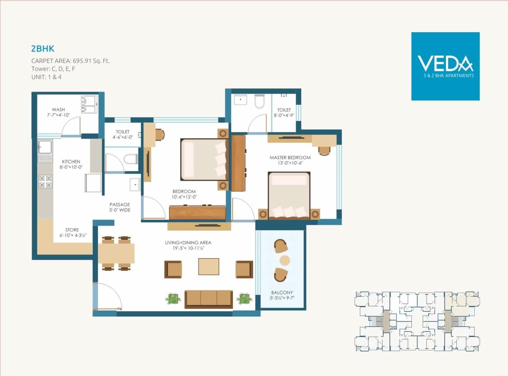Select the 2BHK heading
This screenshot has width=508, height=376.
pyautogui.click(x=42, y=49)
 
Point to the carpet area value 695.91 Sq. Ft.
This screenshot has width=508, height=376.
pyautogui.click(x=92, y=61)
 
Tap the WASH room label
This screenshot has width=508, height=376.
pyautogui.click(x=58, y=110)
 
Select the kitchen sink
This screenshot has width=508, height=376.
pyautogui.click(x=45, y=147)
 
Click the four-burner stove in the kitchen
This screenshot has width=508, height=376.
pyautogui.click(x=45, y=182)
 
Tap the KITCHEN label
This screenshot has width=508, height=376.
pyautogui.click(x=71, y=162)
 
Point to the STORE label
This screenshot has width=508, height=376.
pyautogui.click(x=72, y=230)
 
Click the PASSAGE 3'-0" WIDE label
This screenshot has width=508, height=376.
pyautogui.click(x=120, y=207)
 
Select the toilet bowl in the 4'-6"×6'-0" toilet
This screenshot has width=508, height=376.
pyautogui.click(x=130, y=159)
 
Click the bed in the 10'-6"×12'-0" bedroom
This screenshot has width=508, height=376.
pyautogui.click(x=202, y=159)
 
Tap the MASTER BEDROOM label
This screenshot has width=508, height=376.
pyautogui.click(x=290, y=157)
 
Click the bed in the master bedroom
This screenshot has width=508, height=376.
pyautogui.click(x=289, y=194)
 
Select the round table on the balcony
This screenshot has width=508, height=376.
pyautogui.click(x=285, y=261)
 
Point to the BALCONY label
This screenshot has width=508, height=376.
pyautogui.click(x=283, y=293)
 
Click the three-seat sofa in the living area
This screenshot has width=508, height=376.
pyautogui.click(x=208, y=298)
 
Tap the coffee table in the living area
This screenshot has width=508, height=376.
pyautogui.click(x=209, y=267)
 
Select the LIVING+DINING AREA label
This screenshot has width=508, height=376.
pyautogui.click(x=188, y=242)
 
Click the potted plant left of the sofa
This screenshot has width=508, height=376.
pyautogui.click(x=173, y=299)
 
